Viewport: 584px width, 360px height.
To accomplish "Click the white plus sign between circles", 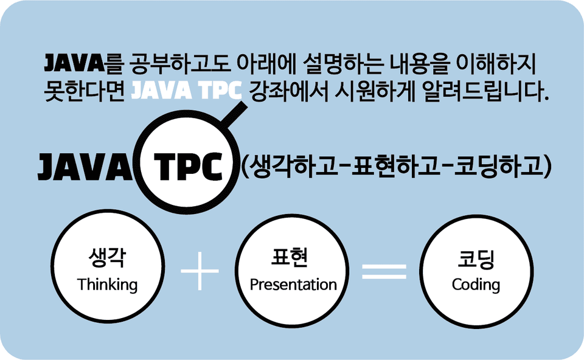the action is (x=200, y=271).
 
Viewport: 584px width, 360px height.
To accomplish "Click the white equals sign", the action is (x=384, y=271).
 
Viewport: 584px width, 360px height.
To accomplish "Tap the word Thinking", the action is (x=107, y=285).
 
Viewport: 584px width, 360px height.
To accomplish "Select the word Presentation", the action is (x=293, y=285).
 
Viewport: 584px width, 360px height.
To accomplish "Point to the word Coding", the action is (x=476, y=285).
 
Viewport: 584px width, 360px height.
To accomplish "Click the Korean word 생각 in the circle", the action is (x=107, y=258).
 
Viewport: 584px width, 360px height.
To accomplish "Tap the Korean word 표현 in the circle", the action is (x=290, y=258).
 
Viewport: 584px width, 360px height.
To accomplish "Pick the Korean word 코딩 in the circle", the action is (x=476, y=259).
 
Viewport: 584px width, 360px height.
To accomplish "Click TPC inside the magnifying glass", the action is (x=189, y=167).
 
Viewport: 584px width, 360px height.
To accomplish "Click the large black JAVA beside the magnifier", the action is (x=85, y=167).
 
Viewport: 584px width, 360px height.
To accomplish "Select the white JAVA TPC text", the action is (x=187, y=91).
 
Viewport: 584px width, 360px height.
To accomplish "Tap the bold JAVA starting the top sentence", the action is (x=74, y=63).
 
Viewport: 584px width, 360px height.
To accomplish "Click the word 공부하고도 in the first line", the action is (x=181, y=64).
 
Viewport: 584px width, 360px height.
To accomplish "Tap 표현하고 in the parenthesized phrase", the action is (x=395, y=166).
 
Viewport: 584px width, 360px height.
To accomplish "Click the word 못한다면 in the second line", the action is (x=85, y=91).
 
